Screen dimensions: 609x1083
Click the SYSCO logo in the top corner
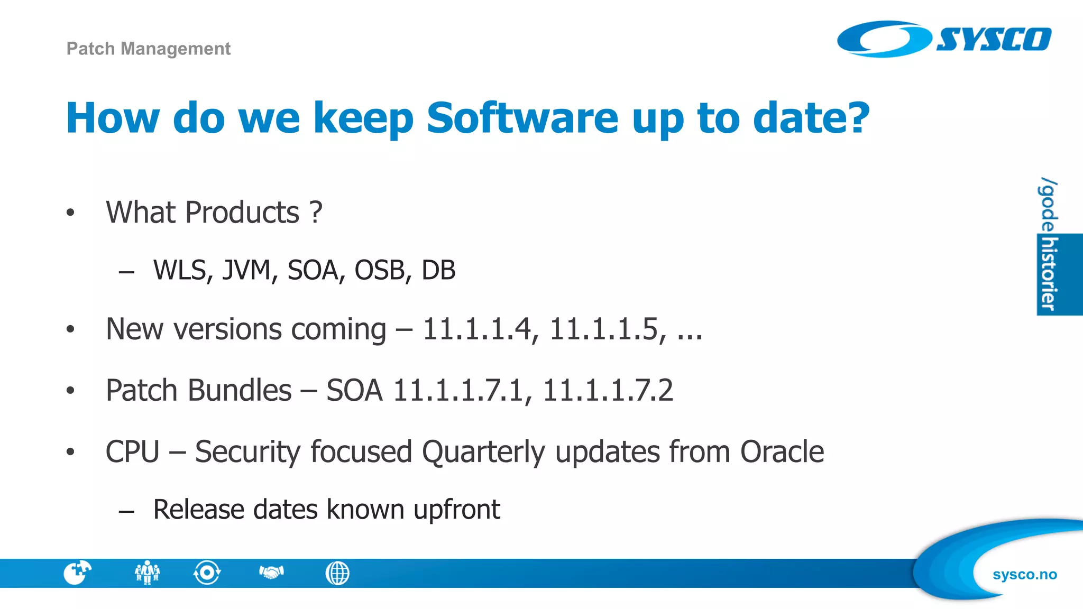point(944,39)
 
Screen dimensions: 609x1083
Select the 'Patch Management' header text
point(149,49)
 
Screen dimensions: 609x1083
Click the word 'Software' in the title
point(522,118)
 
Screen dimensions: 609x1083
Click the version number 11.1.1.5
point(608,329)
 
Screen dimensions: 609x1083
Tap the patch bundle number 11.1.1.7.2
point(608,391)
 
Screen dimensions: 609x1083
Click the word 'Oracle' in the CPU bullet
point(782,452)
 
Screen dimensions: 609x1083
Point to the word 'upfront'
point(456,510)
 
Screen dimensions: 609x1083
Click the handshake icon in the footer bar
point(271,573)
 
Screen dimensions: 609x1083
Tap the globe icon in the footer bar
point(337,573)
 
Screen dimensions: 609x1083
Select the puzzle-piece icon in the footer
point(77,573)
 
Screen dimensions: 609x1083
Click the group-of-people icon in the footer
point(147,573)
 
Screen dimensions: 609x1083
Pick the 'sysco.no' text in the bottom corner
point(1024,575)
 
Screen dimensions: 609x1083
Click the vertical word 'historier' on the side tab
point(1048,274)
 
